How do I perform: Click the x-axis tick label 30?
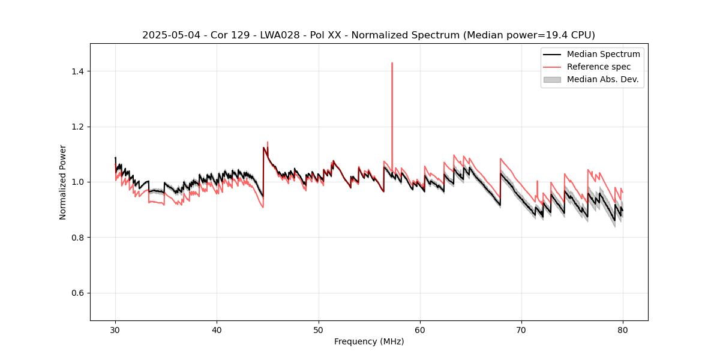pyautogui.click(x=115, y=330)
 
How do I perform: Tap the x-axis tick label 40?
pyautogui.click(x=217, y=330)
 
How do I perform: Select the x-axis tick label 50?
pyautogui.click(x=319, y=330)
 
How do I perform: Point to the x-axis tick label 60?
pyautogui.click(x=420, y=330)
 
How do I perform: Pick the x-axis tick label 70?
pyautogui.click(x=521, y=330)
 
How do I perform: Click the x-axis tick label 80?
pyautogui.click(x=623, y=330)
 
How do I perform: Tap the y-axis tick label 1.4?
pyautogui.click(x=77, y=71)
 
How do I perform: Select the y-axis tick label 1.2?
pyautogui.click(x=77, y=127)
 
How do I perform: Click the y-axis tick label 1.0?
pyautogui.click(x=77, y=182)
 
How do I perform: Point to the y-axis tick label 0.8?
pyautogui.click(x=77, y=238)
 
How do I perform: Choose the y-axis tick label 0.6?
pyautogui.click(x=77, y=293)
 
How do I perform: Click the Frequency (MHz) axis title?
pyautogui.click(x=369, y=342)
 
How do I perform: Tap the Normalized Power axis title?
pyautogui.click(x=63, y=182)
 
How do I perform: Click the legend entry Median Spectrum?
pyautogui.click(x=603, y=54)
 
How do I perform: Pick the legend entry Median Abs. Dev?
pyautogui.click(x=602, y=79)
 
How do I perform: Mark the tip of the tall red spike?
pyautogui.click(x=392, y=62)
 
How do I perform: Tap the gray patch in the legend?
pyautogui.click(x=552, y=79)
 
